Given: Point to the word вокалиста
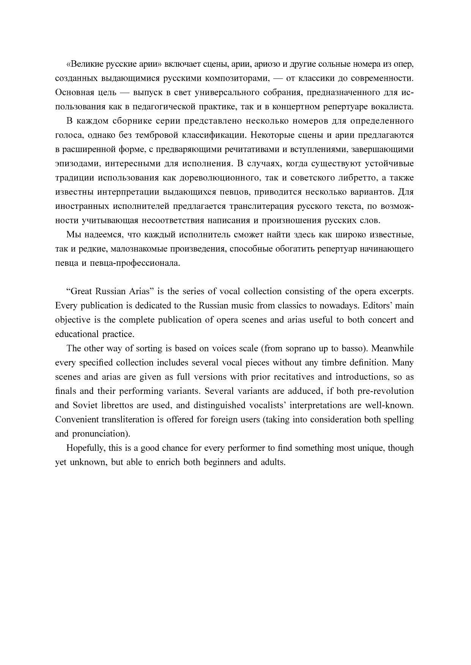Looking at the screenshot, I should click(394, 107).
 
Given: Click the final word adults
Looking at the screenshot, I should click(273, 462).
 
